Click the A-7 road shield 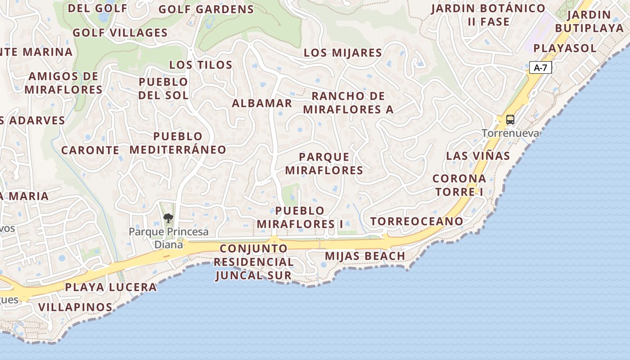540,68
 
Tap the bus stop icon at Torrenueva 510,120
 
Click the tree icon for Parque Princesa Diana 168,219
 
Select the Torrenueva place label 510,133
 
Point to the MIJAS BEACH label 365,256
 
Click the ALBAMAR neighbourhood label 262,103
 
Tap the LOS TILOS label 201,65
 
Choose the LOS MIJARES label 343,53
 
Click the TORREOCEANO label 417,221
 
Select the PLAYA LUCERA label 111,287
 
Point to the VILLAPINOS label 75,307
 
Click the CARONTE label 90,150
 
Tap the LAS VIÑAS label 478,156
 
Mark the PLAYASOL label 565,48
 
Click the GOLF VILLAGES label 120,33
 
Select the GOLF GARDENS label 206,9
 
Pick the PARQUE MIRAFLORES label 324,163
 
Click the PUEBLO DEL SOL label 163,88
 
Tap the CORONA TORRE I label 459,185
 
